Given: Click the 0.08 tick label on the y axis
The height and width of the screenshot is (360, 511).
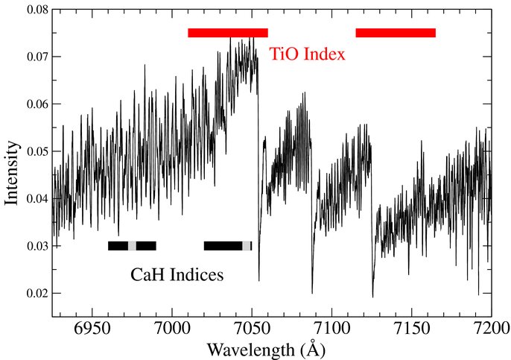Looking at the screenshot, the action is (x=37, y=10).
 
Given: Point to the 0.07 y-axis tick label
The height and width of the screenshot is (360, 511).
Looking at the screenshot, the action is (x=37, y=57).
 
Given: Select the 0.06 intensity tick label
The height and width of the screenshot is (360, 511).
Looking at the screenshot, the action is (x=37, y=104).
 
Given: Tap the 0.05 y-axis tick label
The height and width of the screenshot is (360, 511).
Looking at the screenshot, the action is (x=37, y=151).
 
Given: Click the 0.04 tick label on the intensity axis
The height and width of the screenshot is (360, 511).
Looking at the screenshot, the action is (x=37, y=198).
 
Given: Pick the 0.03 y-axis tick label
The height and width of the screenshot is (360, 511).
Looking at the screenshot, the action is (x=37, y=246).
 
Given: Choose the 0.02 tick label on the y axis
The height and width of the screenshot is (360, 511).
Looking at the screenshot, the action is (x=37, y=293).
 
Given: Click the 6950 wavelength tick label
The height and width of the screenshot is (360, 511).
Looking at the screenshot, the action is (x=92, y=329).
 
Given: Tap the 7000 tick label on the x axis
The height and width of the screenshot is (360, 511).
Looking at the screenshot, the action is (x=172, y=329).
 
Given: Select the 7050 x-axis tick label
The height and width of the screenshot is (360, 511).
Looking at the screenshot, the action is (x=252, y=329).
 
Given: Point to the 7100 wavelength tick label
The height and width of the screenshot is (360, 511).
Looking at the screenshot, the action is (x=331, y=329).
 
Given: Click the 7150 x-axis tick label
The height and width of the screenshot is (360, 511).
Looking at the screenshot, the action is (x=412, y=329).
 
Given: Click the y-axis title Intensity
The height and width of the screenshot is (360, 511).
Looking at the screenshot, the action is (x=11, y=173).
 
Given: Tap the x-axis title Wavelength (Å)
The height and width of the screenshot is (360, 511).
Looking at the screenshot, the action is (x=266, y=350).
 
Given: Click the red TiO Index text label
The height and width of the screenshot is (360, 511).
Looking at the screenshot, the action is (x=307, y=54).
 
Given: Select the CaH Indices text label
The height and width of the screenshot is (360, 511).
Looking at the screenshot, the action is (x=177, y=275).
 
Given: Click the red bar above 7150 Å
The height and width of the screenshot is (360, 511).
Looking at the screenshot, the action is (x=396, y=33).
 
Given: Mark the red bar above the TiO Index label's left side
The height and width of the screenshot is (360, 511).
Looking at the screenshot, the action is (x=228, y=33).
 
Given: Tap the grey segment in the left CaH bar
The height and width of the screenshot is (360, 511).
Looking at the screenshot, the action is (x=132, y=246).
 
